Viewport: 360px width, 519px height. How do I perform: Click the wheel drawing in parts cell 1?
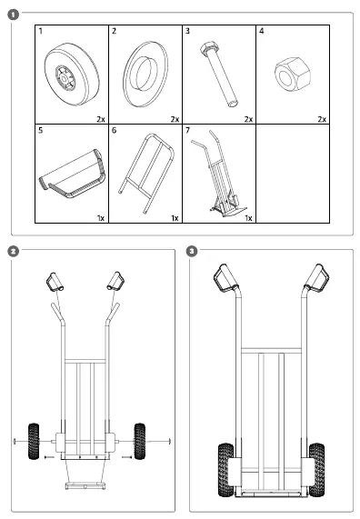(x=72, y=75)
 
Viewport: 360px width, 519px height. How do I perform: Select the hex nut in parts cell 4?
(x=293, y=74)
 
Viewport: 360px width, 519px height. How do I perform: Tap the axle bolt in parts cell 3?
(x=219, y=75)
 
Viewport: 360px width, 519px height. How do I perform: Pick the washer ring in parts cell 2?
(x=145, y=75)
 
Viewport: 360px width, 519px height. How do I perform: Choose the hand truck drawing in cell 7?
(x=218, y=174)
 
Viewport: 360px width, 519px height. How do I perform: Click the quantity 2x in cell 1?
(x=101, y=119)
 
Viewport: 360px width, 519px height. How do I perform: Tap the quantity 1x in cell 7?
(x=248, y=218)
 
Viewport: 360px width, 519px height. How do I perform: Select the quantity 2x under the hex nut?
(x=322, y=119)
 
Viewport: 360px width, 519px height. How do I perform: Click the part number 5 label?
(x=40, y=130)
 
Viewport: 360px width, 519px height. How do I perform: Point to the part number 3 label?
(x=187, y=31)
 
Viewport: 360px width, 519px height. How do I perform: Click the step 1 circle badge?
(x=14, y=15)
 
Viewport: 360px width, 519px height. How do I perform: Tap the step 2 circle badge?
(x=14, y=251)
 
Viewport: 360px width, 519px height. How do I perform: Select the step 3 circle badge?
(x=192, y=251)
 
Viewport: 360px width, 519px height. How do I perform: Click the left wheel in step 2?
(x=34, y=441)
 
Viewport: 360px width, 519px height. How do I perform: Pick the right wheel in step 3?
(x=316, y=470)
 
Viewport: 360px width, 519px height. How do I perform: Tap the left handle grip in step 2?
(x=55, y=282)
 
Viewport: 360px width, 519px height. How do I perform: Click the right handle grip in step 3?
(x=317, y=278)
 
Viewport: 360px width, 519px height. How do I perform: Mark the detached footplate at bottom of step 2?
(x=86, y=485)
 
